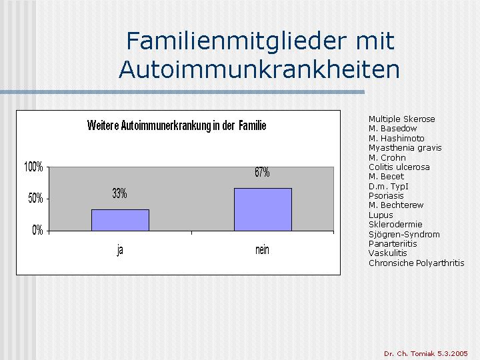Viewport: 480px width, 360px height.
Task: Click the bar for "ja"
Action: pos(120,220)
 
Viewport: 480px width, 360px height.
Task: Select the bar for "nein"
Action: pos(263,209)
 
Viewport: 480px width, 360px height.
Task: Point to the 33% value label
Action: pos(119,193)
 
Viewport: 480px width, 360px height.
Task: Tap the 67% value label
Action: pos(262,172)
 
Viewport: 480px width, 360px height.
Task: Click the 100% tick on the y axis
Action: pos(33,167)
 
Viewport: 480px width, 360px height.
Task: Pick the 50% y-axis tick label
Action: pos(35,199)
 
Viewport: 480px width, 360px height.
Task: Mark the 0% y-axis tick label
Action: pos(37,230)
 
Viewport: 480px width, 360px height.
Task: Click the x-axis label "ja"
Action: pos(120,251)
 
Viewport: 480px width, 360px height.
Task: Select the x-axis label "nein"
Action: pos(262,250)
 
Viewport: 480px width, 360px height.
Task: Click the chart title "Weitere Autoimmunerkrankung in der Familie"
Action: pos(177,125)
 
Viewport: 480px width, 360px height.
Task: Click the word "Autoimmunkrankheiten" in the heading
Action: pos(259,69)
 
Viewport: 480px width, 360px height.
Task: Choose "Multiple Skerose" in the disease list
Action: pos(401,119)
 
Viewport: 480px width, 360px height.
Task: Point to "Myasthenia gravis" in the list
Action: pos(405,148)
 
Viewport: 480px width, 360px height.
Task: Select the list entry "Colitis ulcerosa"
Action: pos(399,167)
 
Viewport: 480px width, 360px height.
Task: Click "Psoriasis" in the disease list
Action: pos(386,196)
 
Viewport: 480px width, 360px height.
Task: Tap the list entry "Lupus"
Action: pos(381,215)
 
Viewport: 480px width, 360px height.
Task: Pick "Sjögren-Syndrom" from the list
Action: pos(404,235)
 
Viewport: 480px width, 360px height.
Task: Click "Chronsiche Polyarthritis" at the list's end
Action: pos(416,263)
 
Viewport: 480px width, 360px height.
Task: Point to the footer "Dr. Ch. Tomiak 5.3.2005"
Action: pos(426,353)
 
